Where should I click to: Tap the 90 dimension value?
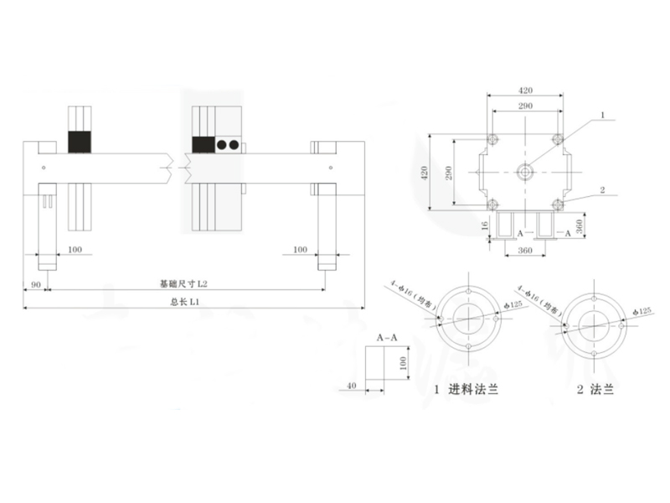tap(35, 285)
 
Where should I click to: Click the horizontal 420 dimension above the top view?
tap(525, 89)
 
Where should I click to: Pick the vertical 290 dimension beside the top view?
tap(449, 174)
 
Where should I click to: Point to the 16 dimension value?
tap(484, 225)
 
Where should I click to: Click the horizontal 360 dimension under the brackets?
tap(525, 250)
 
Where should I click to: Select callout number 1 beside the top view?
tap(601, 113)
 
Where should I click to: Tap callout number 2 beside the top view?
tap(601, 189)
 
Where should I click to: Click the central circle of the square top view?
tap(525, 173)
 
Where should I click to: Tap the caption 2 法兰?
tap(595, 390)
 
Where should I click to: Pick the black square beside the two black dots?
tap(203, 144)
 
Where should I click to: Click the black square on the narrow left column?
tap(79, 142)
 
